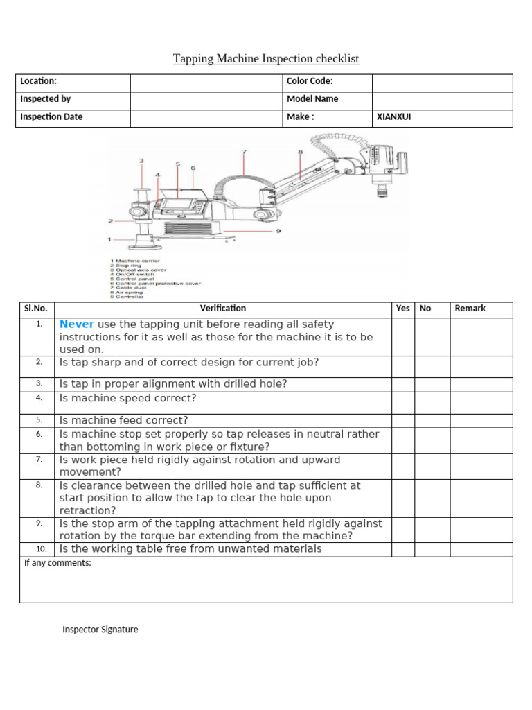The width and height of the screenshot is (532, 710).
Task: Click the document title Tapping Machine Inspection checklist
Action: [266, 59]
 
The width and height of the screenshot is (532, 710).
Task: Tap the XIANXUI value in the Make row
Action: [393, 117]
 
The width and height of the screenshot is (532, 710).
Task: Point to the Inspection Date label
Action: [51, 117]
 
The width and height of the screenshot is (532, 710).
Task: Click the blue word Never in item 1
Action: [76, 324]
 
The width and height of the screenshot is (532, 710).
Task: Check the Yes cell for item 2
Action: [402, 366]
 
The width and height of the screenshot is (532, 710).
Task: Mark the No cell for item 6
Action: [432, 440]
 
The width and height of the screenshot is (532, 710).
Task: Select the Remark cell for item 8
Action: [481, 498]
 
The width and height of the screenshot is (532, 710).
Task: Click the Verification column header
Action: [222, 309]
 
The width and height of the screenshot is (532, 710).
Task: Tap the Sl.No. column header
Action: [37, 309]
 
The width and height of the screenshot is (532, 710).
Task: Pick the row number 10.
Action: [39, 549]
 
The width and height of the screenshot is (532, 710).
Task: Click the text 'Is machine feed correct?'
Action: [123, 420]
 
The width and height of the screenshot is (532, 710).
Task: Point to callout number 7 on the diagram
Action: [244, 151]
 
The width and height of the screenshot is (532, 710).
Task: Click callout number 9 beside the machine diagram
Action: [278, 230]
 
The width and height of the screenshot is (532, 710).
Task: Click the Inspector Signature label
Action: [100, 630]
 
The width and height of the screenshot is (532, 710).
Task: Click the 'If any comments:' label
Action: [57, 563]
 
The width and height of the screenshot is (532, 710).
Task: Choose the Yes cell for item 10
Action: [402, 549]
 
